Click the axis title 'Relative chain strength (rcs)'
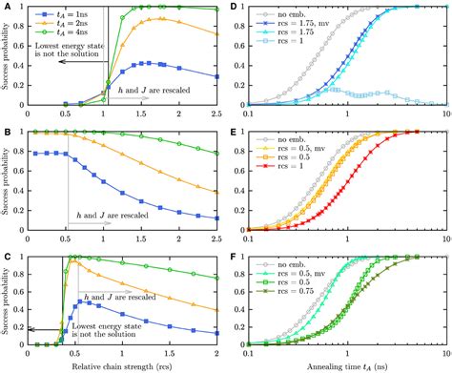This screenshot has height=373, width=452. (125, 364)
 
